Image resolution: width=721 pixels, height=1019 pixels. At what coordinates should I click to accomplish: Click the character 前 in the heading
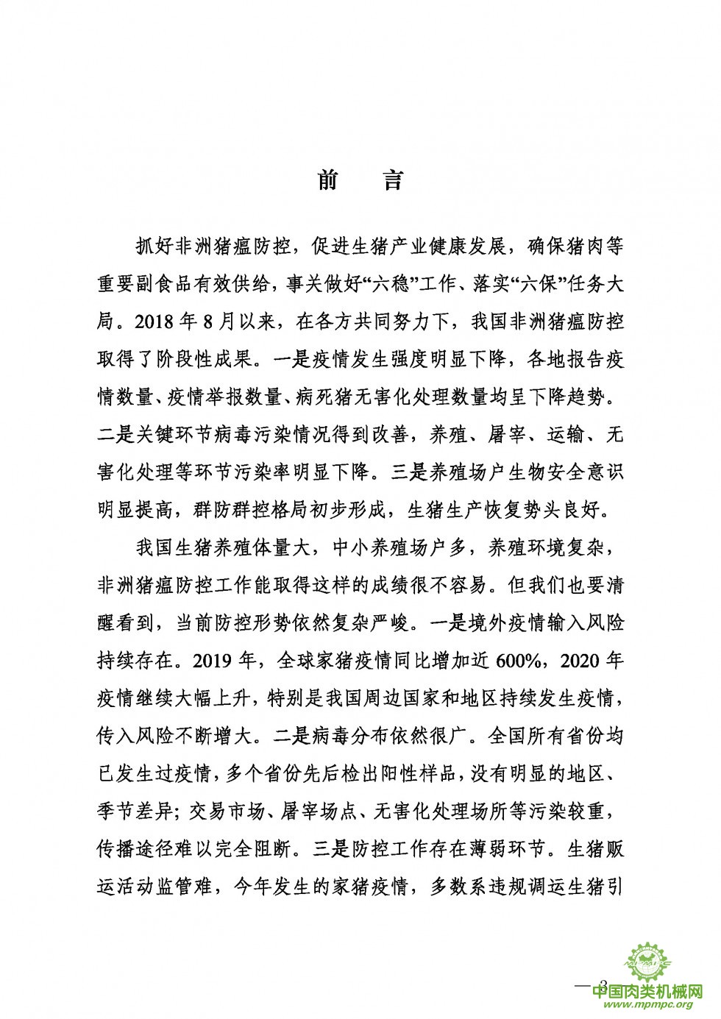(327, 181)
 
